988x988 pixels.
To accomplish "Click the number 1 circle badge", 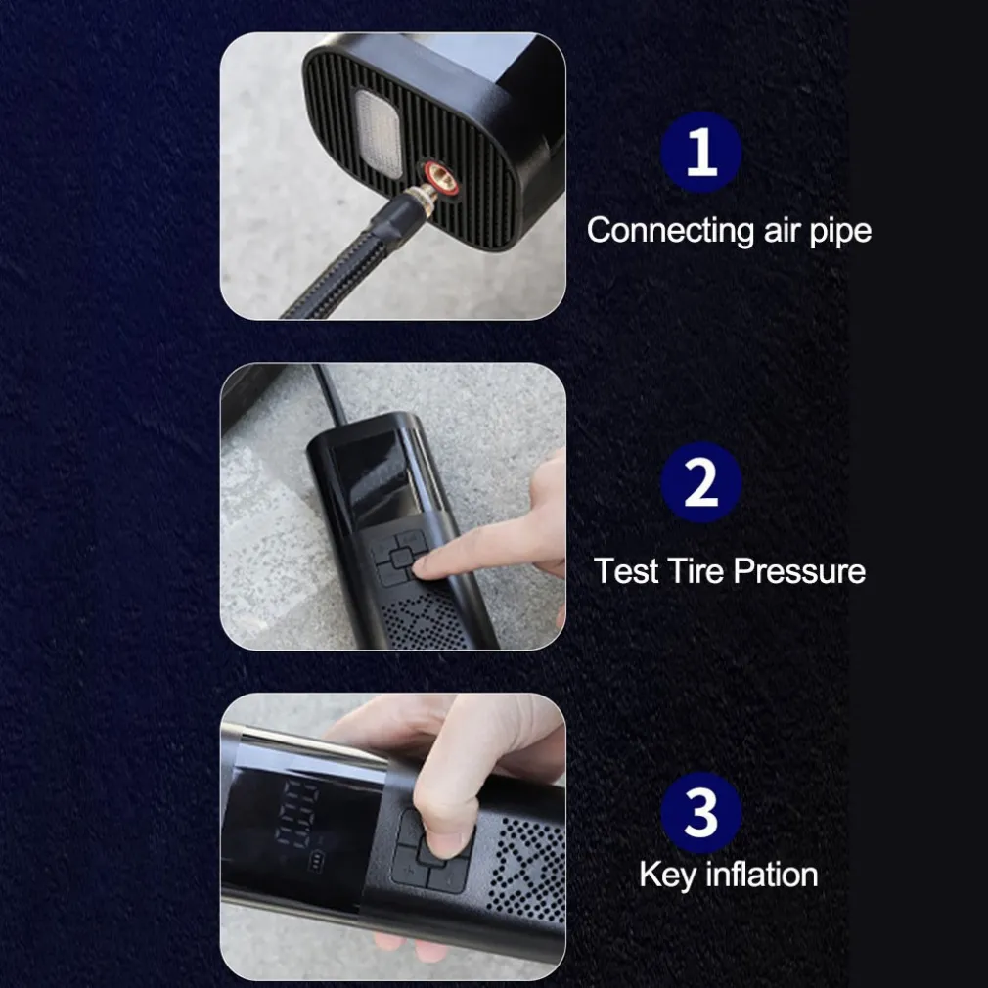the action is [700, 152].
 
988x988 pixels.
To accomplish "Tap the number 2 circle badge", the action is [700, 482].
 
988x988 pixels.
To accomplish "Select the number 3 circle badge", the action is [700, 812].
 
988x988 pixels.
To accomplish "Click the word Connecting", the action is [670, 231].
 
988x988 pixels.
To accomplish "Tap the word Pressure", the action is [799, 571].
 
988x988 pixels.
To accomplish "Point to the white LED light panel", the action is [377, 133].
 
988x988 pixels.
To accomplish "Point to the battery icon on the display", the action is [316, 860].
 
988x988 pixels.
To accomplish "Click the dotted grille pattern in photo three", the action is [528, 870].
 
